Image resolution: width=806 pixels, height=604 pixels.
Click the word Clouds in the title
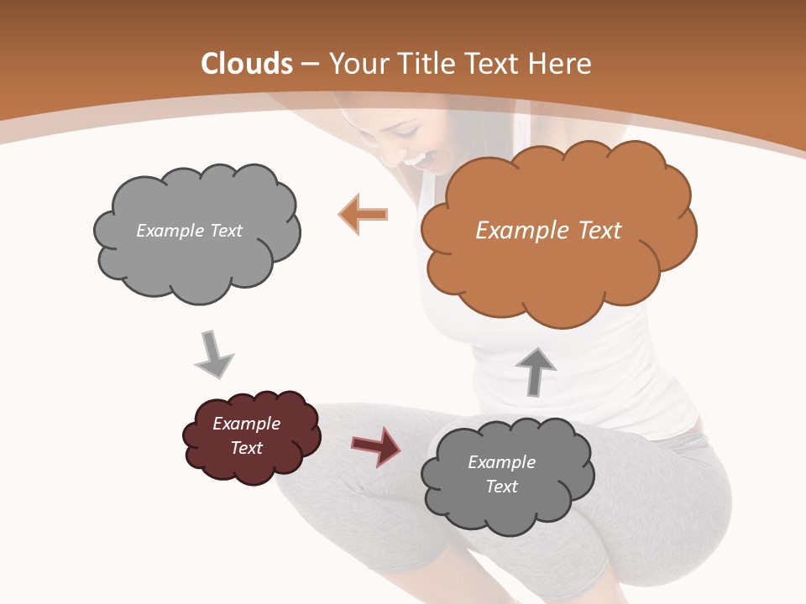pos(247,64)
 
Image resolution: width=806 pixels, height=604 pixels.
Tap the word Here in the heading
pos(562,64)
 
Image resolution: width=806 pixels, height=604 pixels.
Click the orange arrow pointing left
pos(364,215)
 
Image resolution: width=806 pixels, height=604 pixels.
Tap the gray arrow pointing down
pos(213,354)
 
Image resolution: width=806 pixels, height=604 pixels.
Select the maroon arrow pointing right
pos(376,445)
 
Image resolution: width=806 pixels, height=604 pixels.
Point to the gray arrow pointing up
pos(536,371)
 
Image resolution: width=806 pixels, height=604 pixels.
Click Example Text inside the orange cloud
pos(548,230)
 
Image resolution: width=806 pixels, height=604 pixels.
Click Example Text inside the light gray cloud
pos(189,230)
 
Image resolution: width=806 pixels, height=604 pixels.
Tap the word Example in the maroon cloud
pos(246,424)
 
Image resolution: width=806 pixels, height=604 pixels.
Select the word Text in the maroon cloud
pos(246,448)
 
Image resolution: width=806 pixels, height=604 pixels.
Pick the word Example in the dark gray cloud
pos(501,462)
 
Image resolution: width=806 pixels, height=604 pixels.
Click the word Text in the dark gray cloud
pos(501,487)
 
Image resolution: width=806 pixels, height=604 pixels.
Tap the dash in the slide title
pos(310,64)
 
